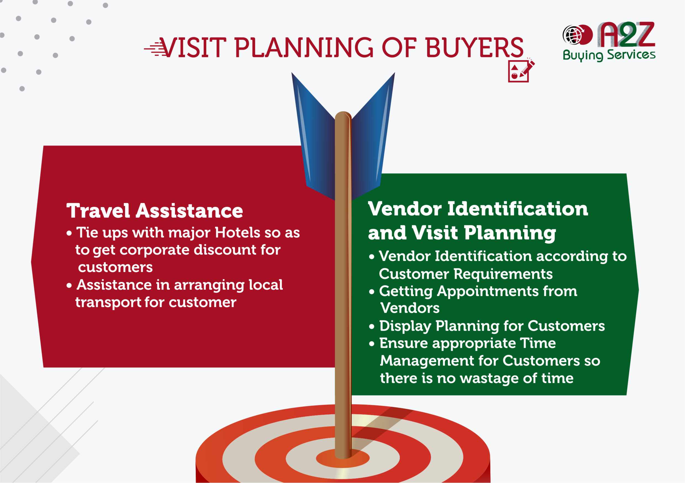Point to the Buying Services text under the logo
pyautogui.click(x=609, y=55)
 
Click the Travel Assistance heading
pyautogui.click(x=155, y=211)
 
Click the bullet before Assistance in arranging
pyautogui.click(x=69, y=286)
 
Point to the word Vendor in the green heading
pyautogui.click(x=404, y=209)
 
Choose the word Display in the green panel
pyautogui.click(x=405, y=326)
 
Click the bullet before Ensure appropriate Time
pyautogui.click(x=371, y=344)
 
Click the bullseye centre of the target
pyautogui.click(x=343, y=458)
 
